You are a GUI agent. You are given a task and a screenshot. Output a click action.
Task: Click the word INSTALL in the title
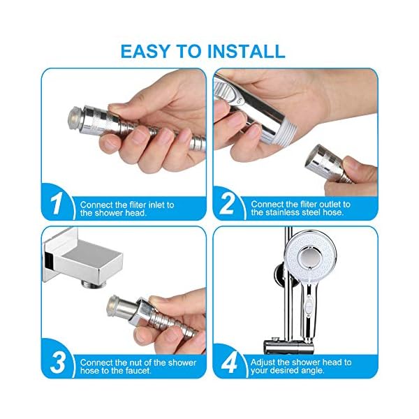click(246, 51)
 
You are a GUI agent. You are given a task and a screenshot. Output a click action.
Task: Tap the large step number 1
click(57, 203)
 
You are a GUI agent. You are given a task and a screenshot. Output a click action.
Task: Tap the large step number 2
click(228, 203)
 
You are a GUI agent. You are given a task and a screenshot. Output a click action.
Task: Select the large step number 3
click(58, 362)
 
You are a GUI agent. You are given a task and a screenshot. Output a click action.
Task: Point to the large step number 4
click(229, 362)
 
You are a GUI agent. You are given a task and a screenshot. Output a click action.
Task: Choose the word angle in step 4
click(313, 371)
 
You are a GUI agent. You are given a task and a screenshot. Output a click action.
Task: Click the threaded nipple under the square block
click(93, 284)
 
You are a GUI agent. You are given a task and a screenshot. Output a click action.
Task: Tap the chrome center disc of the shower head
click(309, 257)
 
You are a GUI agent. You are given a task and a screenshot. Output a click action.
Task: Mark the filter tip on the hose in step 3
click(113, 306)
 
